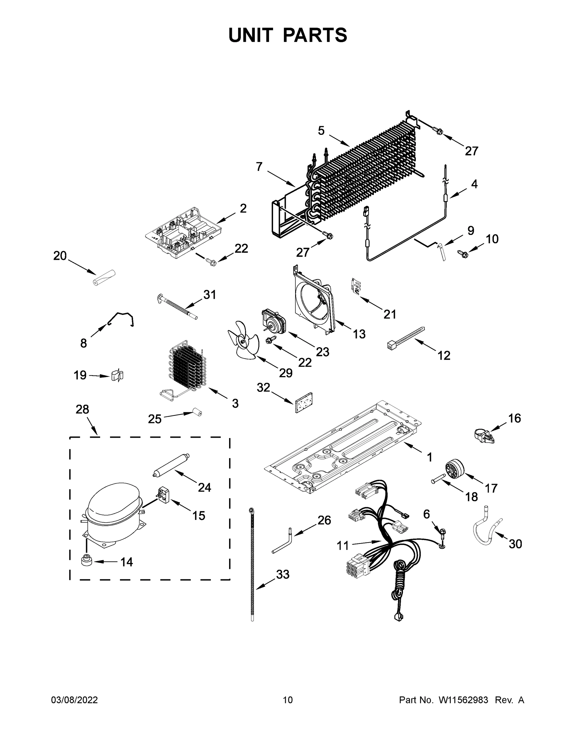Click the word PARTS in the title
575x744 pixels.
315,35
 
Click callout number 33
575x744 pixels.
282,574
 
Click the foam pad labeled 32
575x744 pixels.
304,402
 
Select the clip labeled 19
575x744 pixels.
117,375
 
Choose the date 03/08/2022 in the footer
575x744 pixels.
74,700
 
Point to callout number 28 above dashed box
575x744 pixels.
82,409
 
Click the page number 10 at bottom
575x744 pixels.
288,700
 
